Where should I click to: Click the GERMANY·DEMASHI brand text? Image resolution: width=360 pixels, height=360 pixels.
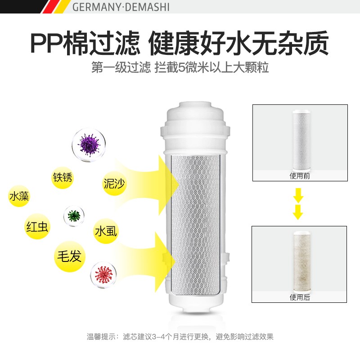[x=121, y=7]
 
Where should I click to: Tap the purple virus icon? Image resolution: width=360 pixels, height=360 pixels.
[x=89, y=145]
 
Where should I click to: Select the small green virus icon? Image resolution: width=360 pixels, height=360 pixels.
[x=74, y=216]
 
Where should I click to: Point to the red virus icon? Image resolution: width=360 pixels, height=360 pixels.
[x=103, y=275]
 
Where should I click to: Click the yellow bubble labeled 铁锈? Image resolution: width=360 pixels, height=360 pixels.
[x=63, y=177]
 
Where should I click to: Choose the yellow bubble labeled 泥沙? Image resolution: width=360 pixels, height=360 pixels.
[x=114, y=183]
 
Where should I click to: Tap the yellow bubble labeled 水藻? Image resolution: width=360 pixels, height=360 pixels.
[x=19, y=196]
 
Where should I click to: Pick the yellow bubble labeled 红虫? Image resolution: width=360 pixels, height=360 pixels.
[x=37, y=227]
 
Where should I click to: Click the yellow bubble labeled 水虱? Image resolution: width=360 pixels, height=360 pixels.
[x=106, y=231]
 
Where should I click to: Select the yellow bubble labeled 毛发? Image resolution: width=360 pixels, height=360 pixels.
[x=70, y=256]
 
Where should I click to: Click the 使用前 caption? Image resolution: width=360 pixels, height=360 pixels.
[x=300, y=176]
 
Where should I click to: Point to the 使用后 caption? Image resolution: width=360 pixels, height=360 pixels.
[x=300, y=297]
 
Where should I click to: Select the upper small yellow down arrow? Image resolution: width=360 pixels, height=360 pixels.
[x=298, y=195]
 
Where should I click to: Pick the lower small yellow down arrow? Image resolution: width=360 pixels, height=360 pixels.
[x=298, y=212]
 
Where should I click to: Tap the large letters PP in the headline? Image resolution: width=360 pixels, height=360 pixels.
[x=47, y=44]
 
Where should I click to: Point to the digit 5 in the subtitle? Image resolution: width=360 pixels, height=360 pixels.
[x=182, y=67]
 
